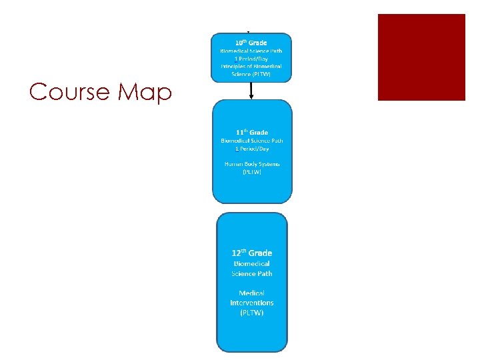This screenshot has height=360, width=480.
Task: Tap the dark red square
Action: point(421,57)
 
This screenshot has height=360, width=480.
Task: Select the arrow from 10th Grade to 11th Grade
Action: point(251,91)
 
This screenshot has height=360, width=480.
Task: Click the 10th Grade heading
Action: point(251,43)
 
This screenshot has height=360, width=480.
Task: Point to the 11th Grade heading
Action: point(251,133)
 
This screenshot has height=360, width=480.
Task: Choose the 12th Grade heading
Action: point(251,253)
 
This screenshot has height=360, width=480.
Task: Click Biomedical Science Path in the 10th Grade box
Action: point(251,51)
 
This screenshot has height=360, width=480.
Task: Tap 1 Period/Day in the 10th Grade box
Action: point(251,59)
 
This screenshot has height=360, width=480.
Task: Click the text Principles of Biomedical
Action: point(251,67)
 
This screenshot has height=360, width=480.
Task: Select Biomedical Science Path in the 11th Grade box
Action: point(251,141)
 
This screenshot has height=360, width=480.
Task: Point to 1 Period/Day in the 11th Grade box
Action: point(251,149)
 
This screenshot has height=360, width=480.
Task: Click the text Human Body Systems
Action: point(251,164)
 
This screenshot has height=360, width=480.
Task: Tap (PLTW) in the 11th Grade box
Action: point(251,172)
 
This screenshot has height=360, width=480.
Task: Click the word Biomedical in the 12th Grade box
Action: point(251,264)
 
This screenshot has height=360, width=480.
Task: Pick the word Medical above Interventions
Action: point(251,293)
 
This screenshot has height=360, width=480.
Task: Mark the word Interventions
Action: point(251,303)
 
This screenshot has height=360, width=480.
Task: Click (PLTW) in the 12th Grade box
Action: point(251,313)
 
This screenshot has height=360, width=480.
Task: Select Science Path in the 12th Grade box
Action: point(251,274)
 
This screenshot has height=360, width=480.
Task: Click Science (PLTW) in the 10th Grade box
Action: point(251,75)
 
